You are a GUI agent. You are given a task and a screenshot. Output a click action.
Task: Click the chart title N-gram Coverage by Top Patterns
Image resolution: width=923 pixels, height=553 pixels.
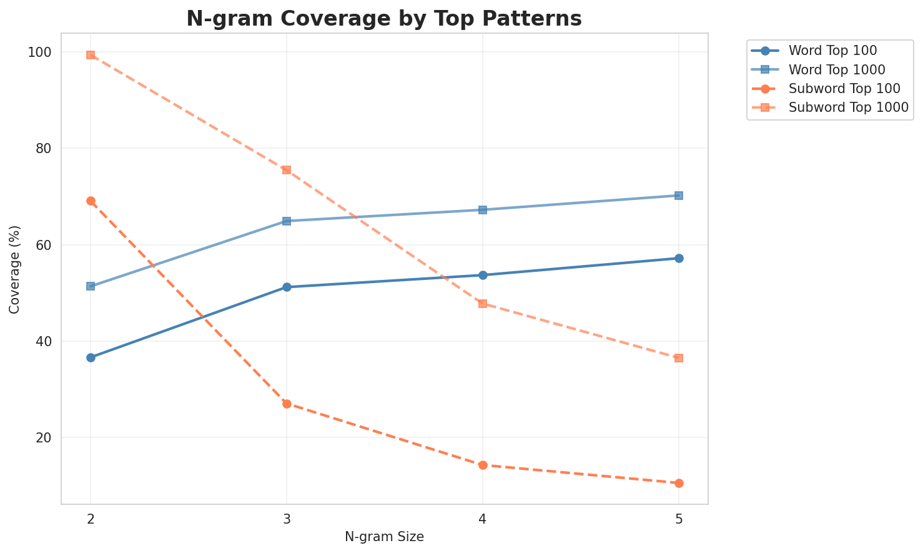click(x=384, y=19)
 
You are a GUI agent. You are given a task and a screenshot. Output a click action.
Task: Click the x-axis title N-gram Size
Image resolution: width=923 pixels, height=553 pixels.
click(x=384, y=537)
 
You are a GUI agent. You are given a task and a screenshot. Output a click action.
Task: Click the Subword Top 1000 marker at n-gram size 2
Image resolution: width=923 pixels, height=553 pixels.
click(x=91, y=55)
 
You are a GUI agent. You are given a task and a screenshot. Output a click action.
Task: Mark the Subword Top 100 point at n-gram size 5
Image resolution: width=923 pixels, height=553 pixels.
click(x=679, y=483)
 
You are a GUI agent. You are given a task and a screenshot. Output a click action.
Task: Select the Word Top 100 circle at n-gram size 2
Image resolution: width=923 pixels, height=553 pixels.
click(x=91, y=357)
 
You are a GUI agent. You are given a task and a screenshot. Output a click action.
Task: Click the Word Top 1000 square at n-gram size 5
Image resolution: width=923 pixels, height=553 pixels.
click(x=679, y=196)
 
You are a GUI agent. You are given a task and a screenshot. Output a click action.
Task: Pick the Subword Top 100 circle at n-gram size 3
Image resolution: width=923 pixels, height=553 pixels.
click(x=287, y=404)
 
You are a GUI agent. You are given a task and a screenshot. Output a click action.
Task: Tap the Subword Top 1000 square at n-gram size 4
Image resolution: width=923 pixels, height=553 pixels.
click(x=483, y=304)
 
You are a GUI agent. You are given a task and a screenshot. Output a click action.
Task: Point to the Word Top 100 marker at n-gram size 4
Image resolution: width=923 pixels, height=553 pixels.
click(x=483, y=275)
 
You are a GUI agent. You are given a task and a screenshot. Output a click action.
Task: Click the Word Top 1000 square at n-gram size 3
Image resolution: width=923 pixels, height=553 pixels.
click(x=287, y=221)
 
